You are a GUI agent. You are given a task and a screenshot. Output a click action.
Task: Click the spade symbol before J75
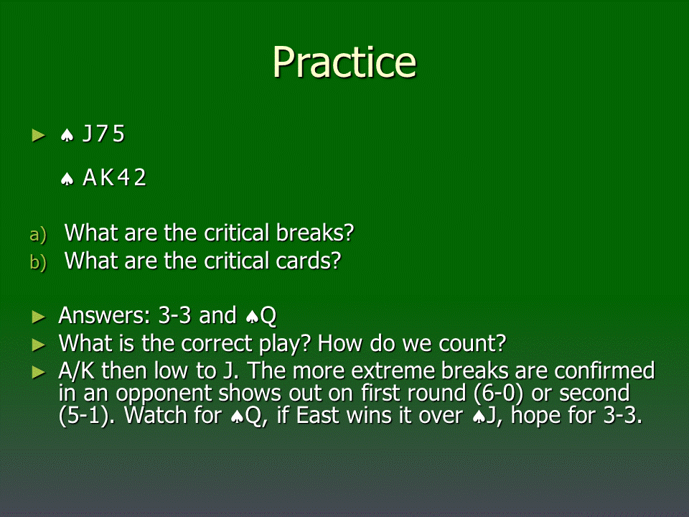pos(67,136)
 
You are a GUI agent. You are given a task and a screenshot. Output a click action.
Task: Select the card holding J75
pos(103,134)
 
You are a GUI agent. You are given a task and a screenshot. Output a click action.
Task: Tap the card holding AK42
pos(114,177)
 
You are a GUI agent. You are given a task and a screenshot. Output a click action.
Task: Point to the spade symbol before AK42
pos(67,179)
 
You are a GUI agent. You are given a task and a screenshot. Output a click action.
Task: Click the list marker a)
pos(38,234)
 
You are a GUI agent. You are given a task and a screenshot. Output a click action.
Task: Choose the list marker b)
pos(38,262)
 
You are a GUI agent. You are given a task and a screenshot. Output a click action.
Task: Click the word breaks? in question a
pos(314,233)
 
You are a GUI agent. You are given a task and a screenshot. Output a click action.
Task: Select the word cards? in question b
pos(309,261)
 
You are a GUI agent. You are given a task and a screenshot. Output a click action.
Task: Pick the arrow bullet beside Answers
pos(39,317)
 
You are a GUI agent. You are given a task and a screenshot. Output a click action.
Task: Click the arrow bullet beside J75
pos(39,135)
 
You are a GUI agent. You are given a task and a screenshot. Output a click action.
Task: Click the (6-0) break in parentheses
pos(499,393)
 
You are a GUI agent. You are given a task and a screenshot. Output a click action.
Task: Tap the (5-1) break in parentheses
pos(86,416)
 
